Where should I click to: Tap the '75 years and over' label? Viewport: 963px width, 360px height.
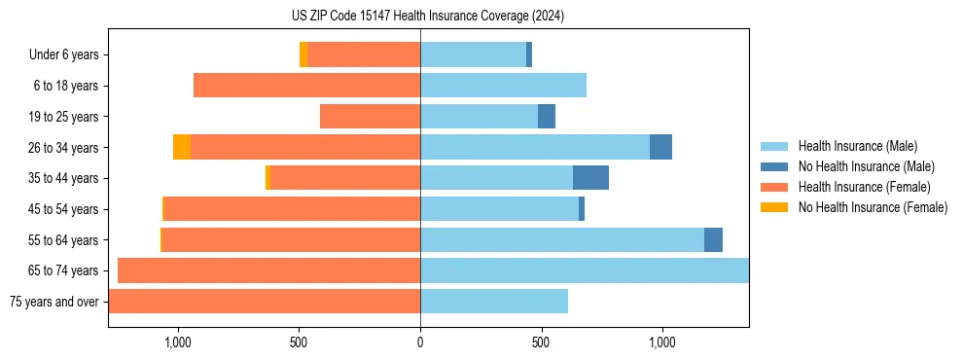coord(53,302)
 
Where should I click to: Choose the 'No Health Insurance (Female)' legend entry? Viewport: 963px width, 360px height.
coord(873,207)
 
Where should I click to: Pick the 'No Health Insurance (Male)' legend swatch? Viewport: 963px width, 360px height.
coord(775,166)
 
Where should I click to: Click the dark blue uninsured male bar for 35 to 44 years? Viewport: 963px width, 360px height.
coord(590,178)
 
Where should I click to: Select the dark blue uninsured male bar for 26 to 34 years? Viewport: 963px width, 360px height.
coord(660,147)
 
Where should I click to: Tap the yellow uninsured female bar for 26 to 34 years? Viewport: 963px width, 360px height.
coord(182,147)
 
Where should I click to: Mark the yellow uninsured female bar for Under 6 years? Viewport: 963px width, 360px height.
coord(303,54)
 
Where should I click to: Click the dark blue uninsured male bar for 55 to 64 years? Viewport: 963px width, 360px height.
coord(713,239)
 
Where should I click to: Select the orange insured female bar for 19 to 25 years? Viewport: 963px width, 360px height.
coord(370,117)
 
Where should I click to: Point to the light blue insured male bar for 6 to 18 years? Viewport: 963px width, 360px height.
coord(503,86)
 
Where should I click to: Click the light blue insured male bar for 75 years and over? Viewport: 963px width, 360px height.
coord(494,302)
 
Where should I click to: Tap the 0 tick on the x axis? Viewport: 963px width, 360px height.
coord(420,342)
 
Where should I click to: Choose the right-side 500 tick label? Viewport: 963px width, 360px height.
coord(541,342)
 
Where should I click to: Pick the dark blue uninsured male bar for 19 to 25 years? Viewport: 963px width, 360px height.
coord(547,117)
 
